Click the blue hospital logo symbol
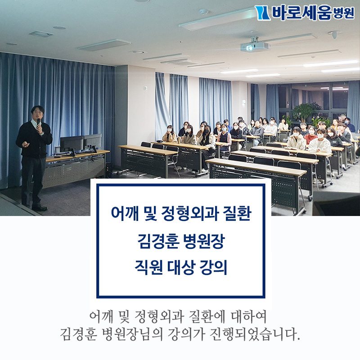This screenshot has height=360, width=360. point(262,13)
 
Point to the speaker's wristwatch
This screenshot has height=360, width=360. point(42,133)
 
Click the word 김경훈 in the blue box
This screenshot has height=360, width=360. point(158,241)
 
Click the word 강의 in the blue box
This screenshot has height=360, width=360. point(213,268)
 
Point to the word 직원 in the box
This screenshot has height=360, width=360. point(148,268)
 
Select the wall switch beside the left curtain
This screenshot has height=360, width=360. point(145,88)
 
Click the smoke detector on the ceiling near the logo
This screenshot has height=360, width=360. point(204,11)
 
